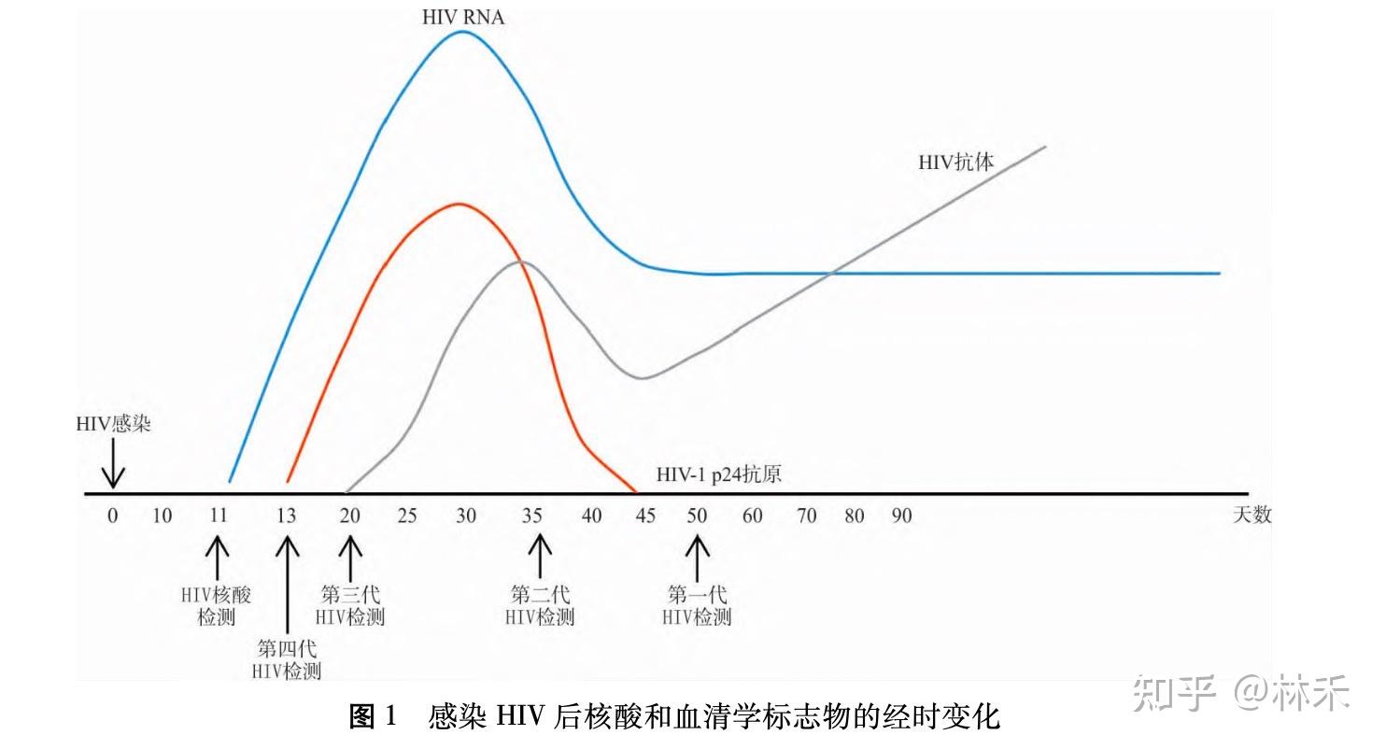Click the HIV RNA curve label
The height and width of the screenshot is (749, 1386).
[x=463, y=18]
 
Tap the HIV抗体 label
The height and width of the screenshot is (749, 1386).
[x=956, y=163]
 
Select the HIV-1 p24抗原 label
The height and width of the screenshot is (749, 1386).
[x=719, y=474]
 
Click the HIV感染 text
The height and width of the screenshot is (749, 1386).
[x=113, y=424]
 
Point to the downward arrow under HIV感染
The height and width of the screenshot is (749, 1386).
[x=113, y=464]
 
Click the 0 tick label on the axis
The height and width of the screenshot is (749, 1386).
[x=113, y=516]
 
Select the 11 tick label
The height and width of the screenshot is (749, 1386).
[x=218, y=516]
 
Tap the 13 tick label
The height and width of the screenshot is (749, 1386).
[x=286, y=516]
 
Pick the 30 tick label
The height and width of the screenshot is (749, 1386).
[x=466, y=516]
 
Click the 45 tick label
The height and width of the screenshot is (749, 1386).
[x=645, y=516]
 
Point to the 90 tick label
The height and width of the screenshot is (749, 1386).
[x=901, y=516]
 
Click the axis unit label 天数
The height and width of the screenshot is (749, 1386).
[x=1252, y=515]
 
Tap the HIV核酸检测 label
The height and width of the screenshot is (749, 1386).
[x=216, y=606]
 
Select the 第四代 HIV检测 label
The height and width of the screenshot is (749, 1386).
[x=287, y=660]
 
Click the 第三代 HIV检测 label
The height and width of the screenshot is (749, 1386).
[x=350, y=606]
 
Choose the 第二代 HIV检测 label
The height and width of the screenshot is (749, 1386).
[x=540, y=606]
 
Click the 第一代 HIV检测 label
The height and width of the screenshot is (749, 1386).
[x=697, y=606]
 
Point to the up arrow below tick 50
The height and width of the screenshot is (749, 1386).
[x=698, y=558]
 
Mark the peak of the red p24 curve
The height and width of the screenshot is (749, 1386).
[x=460, y=205]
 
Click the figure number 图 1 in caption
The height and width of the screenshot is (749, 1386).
[x=373, y=717]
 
